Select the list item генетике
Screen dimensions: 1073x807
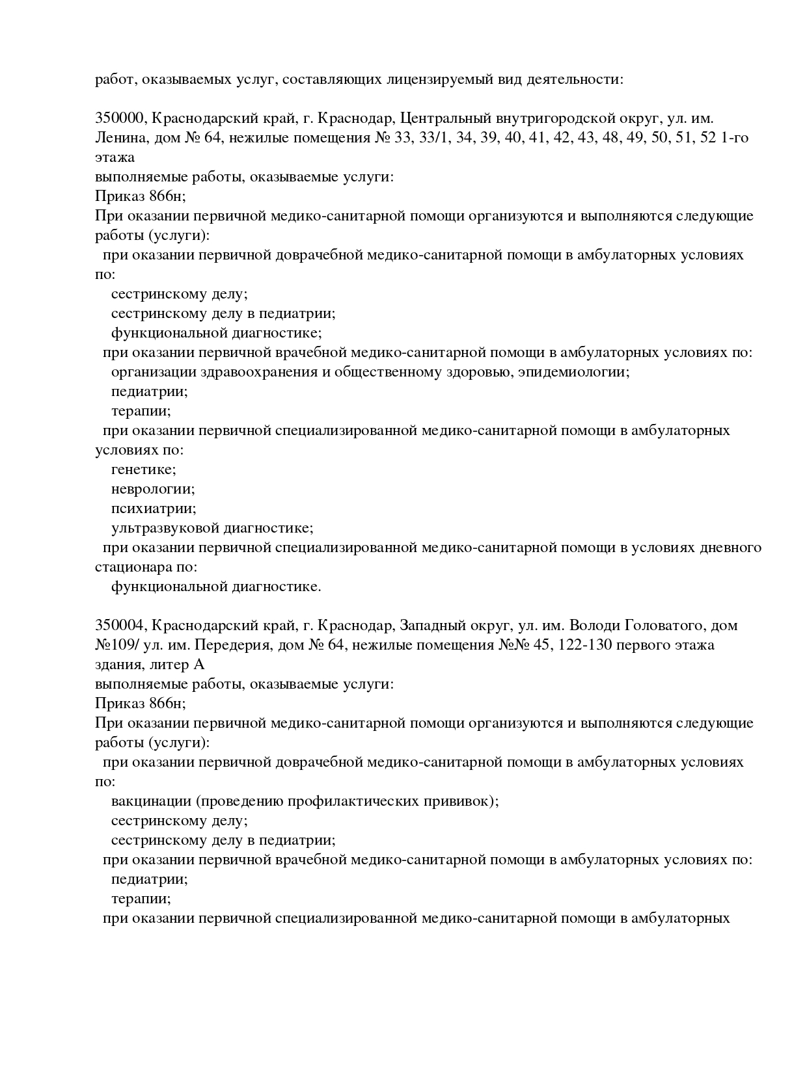click(143, 470)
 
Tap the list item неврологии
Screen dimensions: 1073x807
click(153, 489)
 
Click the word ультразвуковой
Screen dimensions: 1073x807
click(165, 528)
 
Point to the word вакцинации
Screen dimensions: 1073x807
click(150, 801)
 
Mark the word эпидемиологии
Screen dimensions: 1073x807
click(573, 372)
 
